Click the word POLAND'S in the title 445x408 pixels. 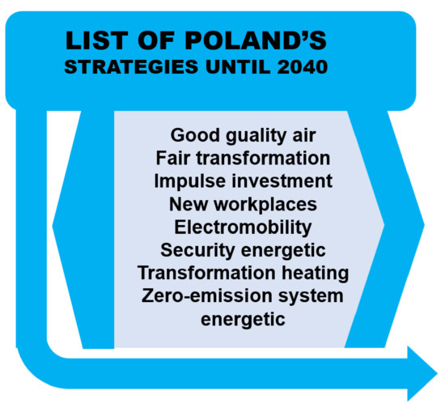(256, 40)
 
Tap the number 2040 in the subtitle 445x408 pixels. (303, 67)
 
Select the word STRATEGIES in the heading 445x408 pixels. (131, 67)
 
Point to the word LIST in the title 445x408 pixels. (95, 40)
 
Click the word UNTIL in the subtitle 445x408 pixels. (238, 67)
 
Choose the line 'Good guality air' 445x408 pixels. (243, 135)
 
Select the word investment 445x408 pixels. (282, 181)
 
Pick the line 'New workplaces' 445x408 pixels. (243, 205)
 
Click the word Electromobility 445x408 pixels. (243, 227)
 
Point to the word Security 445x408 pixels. (197, 250)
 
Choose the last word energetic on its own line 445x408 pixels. (243, 320)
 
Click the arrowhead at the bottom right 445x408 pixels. (422, 373)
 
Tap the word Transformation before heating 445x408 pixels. (206, 273)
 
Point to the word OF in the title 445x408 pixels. (155, 40)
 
